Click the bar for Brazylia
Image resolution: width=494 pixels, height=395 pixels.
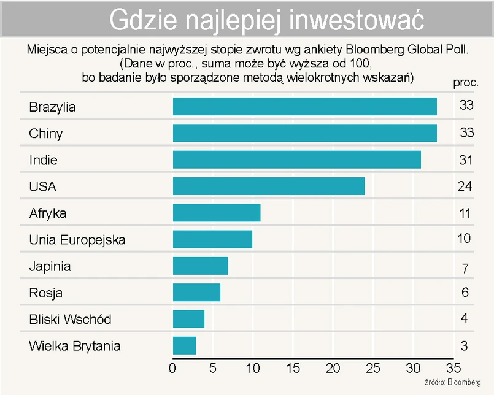pos(305,107)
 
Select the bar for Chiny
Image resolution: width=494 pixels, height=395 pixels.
pos(305,133)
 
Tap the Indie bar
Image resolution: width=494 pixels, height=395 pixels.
pos(297,160)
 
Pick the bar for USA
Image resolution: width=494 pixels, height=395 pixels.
pos(269,186)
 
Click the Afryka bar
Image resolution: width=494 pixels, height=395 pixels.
pos(217,213)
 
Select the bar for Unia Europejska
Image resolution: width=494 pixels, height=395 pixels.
pos(212,239)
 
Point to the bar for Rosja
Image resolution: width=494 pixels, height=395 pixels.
pos(196,293)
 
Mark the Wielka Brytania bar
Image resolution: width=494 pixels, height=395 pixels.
pos(185,346)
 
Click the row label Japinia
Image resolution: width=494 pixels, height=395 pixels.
pos(50,267)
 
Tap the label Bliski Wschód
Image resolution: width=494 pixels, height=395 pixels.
pos(70,320)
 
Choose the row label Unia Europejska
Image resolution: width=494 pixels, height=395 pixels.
pos(77,240)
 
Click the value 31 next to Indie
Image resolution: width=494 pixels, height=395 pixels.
pos(466,160)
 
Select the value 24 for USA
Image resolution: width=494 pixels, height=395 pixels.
pos(465,186)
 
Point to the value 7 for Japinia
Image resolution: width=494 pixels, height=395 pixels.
pos(466,267)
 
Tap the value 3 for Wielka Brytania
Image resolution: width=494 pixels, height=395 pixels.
pos(465,346)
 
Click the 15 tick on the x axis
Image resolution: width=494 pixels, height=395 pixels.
pos(293,368)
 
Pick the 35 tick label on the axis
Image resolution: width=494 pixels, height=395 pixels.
pos(453,368)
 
